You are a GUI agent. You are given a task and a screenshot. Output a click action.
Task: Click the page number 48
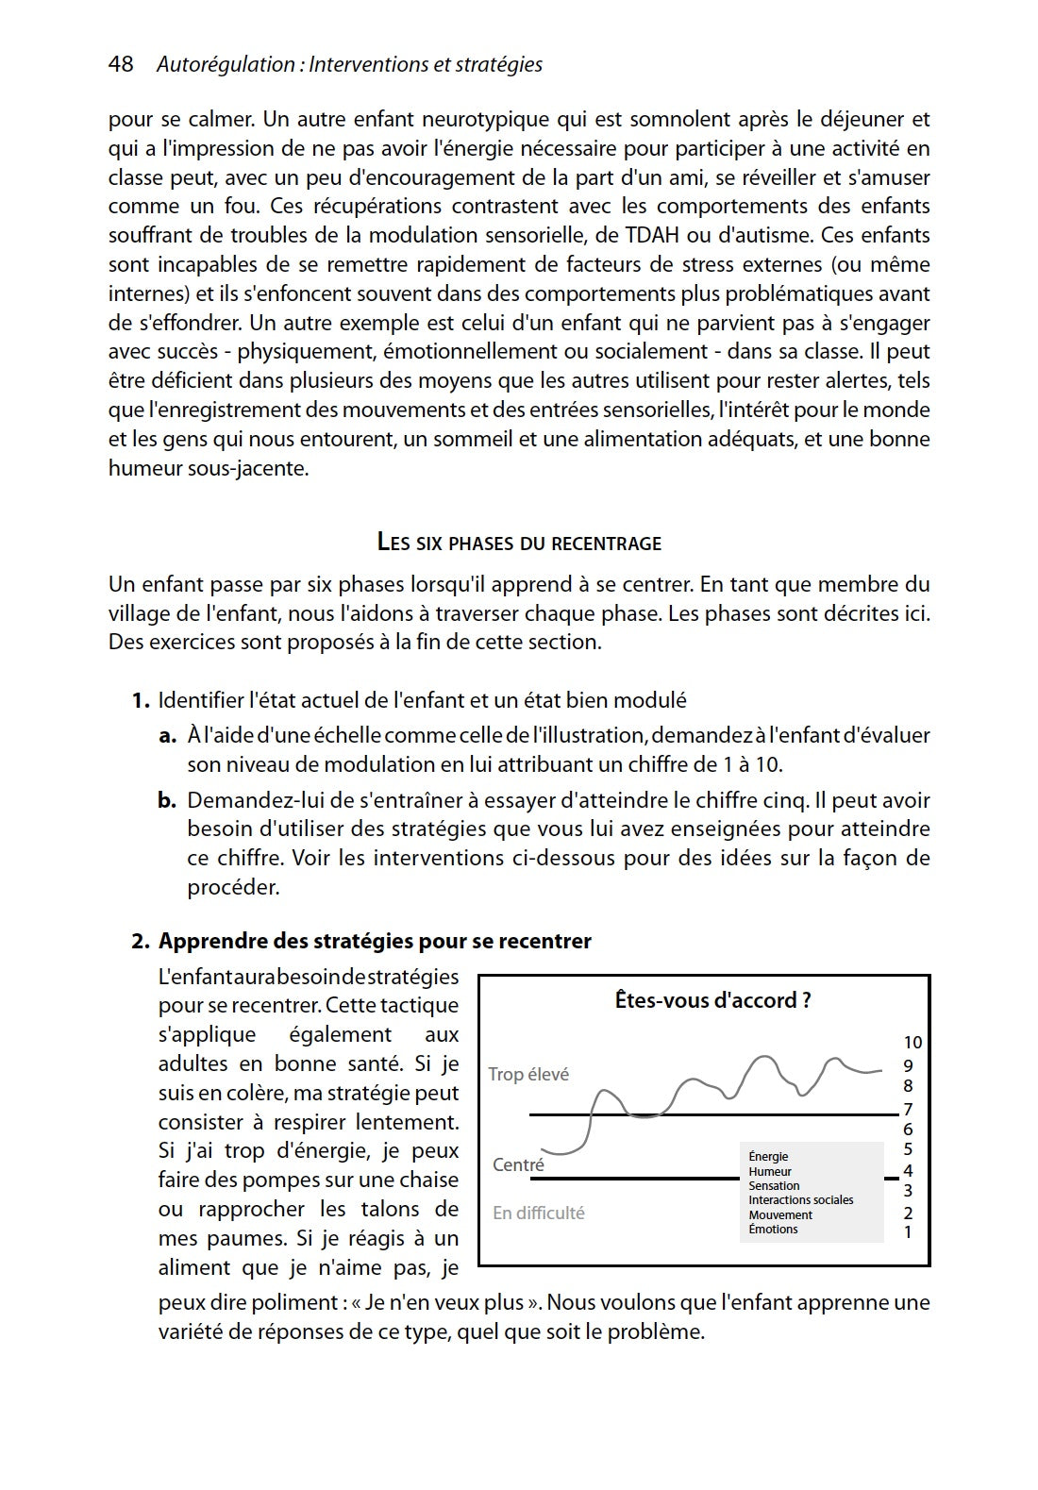pos(121,64)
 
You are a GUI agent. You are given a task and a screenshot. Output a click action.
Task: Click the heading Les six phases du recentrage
pos(519,543)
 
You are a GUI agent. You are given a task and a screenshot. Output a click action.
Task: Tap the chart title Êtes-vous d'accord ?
pos(712,1000)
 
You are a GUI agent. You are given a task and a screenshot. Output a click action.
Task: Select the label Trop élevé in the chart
pos(528,1075)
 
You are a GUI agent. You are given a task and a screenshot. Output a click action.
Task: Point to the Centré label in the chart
pos(518,1164)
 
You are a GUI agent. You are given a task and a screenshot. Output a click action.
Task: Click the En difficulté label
pos(538,1214)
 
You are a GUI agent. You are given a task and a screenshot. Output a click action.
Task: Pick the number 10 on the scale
pos(912,1043)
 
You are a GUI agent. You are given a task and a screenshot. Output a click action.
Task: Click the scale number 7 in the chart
pos(908,1109)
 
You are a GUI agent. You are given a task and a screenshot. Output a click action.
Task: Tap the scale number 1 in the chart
pos(908,1232)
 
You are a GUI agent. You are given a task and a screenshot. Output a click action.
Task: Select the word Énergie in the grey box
pos(768,1157)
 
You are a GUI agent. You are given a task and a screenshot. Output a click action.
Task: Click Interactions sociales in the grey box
pos(800,1200)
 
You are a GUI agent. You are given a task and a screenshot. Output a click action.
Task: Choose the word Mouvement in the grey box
pos(780,1215)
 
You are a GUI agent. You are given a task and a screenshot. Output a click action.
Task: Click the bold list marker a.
pos(167,735)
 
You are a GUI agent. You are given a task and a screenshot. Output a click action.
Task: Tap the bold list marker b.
pos(167,800)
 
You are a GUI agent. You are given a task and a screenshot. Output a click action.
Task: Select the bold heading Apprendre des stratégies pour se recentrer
pos(375,941)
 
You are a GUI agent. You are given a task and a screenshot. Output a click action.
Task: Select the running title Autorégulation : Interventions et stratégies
pos(349,64)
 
